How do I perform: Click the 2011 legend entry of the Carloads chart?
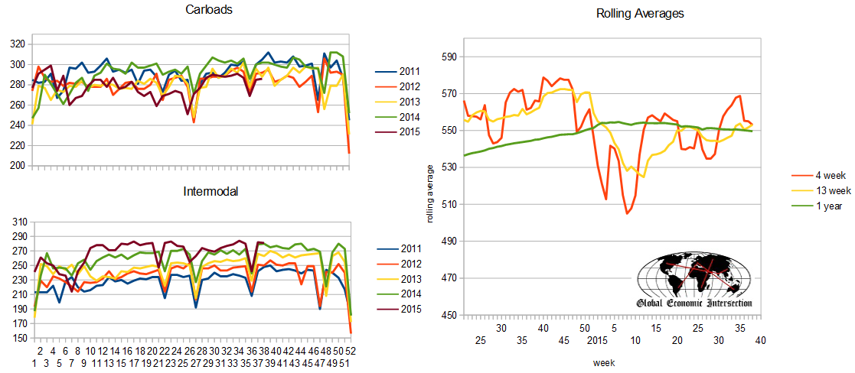[x=397, y=71]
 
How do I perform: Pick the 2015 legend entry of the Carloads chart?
[x=397, y=131]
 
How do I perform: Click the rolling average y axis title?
[x=430, y=193]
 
